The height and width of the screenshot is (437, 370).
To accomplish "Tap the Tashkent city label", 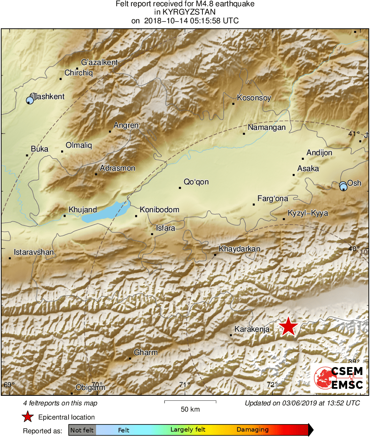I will (x=49, y=97).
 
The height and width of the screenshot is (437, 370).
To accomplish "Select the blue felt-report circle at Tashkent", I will (x=30, y=100).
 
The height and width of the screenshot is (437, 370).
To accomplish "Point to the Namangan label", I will (x=266, y=127).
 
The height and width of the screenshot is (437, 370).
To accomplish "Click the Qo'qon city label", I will (x=196, y=182).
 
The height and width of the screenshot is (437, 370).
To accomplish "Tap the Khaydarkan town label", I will (x=239, y=249).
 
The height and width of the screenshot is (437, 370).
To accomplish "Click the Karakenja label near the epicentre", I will (x=252, y=329).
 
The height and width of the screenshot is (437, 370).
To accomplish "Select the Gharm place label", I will (x=146, y=353).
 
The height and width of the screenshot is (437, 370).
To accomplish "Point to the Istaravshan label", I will (x=34, y=252).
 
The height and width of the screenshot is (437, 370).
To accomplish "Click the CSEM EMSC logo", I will (x=339, y=377).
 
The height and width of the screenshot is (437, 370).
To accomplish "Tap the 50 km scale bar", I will (x=190, y=402).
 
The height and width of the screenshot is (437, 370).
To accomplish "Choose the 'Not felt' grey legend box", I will (x=82, y=430).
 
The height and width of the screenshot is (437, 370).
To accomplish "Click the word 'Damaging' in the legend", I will (x=252, y=430).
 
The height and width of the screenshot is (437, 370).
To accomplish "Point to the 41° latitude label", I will (x=354, y=134).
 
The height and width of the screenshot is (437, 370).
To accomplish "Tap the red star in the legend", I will (x=27, y=417).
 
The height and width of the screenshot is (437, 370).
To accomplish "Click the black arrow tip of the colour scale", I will (x=311, y=430).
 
